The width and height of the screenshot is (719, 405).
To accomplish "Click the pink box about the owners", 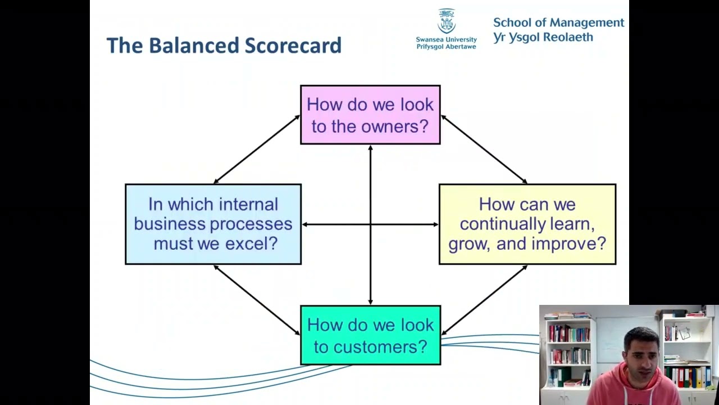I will pos(370,115).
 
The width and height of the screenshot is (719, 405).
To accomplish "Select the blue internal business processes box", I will pos(213,224).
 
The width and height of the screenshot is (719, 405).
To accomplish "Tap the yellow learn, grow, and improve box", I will pos(527,224).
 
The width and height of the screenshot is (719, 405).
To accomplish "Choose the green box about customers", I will pos(370,335).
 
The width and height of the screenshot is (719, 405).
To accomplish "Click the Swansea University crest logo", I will pos(447,21).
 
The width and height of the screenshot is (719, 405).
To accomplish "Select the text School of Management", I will pos(558,22).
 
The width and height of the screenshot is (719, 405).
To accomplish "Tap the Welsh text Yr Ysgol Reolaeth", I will pos(543,37).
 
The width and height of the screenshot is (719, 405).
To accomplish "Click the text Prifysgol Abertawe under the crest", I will pos(446,47).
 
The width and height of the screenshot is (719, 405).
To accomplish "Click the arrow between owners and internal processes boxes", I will pos(257,149).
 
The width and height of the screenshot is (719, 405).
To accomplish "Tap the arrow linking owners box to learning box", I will pos(484,149).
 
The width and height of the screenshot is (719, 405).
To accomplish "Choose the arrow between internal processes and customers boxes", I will pos(257,300).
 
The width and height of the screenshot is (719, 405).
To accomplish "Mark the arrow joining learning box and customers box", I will pos(484,300).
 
